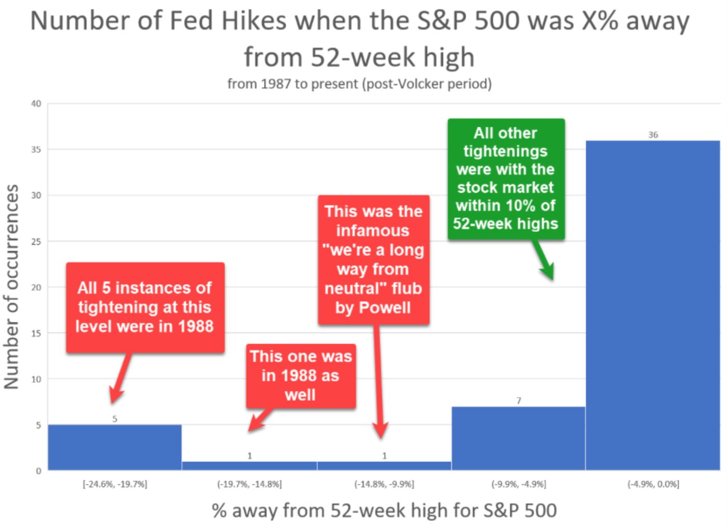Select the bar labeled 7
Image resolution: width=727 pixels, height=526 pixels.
click(x=518, y=438)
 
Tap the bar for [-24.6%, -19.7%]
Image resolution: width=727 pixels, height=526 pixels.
click(x=115, y=447)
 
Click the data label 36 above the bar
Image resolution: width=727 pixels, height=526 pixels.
click(x=653, y=135)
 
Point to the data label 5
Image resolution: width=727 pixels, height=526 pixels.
click(x=115, y=419)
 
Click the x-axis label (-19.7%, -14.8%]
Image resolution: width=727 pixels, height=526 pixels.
click(x=249, y=484)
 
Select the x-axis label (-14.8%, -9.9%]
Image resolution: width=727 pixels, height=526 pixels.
click(x=384, y=484)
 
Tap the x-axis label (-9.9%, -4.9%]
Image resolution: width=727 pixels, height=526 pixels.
click(x=518, y=484)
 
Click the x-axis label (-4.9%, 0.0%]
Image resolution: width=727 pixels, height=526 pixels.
click(x=653, y=484)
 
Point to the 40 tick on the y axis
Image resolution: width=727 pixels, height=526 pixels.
click(x=36, y=104)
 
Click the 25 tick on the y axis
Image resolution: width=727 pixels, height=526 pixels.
click(x=36, y=241)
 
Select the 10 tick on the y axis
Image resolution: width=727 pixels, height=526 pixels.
click(x=36, y=379)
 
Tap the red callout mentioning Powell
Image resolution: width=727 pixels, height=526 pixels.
click(x=373, y=259)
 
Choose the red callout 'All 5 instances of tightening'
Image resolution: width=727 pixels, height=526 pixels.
click(x=145, y=307)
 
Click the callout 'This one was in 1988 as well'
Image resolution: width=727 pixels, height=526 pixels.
click(x=301, y=375)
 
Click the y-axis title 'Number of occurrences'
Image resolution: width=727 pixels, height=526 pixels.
click(x=11, y=287)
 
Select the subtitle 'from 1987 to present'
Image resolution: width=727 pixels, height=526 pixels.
click(x=359, y=84)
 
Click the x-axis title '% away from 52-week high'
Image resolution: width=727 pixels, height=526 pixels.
click(x=384, y=510)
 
